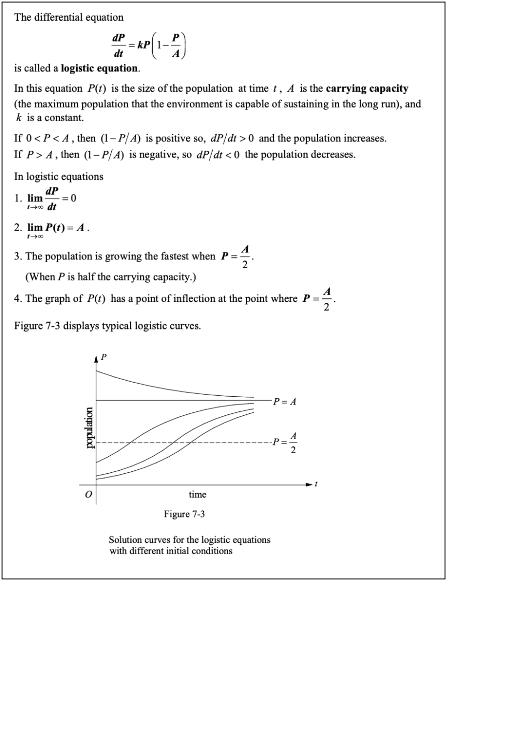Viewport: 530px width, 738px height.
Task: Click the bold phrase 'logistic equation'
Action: (x=99, y=68)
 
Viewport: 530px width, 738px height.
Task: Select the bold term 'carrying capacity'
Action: (x=367, y=89)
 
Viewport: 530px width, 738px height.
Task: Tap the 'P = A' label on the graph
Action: (x=285, y=401)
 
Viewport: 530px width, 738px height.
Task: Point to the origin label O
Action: (x=88, y=495)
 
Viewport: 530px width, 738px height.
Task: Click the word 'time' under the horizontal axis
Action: (x=197, y=495)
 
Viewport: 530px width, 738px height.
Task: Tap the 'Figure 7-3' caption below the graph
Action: (x=184, y=514)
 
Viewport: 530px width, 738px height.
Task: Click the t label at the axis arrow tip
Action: (x=316, y=484)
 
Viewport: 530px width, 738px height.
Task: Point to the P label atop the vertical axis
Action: (x=104, y=357)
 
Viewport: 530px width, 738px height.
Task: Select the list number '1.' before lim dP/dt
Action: (x=18, y=198)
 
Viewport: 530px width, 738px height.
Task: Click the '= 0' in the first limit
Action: (x=69, y=198)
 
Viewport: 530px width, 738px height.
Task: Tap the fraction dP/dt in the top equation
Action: (x=119, y=46)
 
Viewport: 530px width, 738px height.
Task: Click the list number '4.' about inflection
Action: (x=18, y=299)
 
